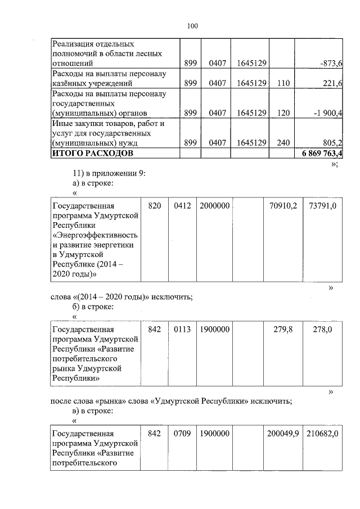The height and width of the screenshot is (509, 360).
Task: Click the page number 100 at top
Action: tap(192, 26)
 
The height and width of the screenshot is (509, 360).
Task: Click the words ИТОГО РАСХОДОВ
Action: tap(93, 154)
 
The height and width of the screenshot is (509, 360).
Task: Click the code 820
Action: tap(155, 206)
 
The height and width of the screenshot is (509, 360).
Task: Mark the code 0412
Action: tap(182, 206)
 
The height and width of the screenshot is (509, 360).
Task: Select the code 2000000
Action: tap(214, 206)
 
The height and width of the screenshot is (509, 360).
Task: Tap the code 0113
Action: tap(182, 330)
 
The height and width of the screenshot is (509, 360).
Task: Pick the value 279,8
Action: tap(283, 330)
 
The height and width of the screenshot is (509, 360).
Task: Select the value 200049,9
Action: tap(282, 434)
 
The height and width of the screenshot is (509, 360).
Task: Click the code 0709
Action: tap(182, 434)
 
